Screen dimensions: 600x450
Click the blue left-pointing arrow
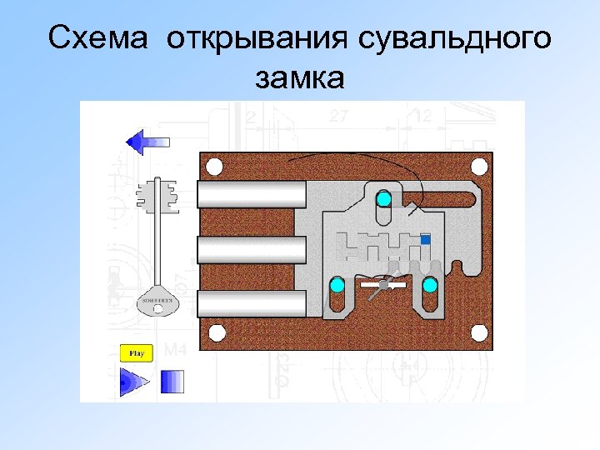click(x=147, y=141)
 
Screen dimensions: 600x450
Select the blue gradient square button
click(x=172, y=382)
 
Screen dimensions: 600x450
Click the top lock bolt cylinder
click(x=252, y=195)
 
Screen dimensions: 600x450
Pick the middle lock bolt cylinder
click(x=252, y=248)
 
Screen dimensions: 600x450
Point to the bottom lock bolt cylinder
click(x=252, y=302)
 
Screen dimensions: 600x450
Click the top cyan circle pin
click(x=383, y=199)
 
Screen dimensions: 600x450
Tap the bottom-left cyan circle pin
click(x=337, y=286)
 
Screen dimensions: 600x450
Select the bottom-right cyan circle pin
click(x=430, y=286)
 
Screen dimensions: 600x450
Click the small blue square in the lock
click(x=426, y=240)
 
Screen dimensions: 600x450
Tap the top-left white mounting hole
click(x=214, y=167)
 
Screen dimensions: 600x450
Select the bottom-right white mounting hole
click(x=478, y=333)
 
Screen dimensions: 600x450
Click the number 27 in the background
click(x=338, y=117)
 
